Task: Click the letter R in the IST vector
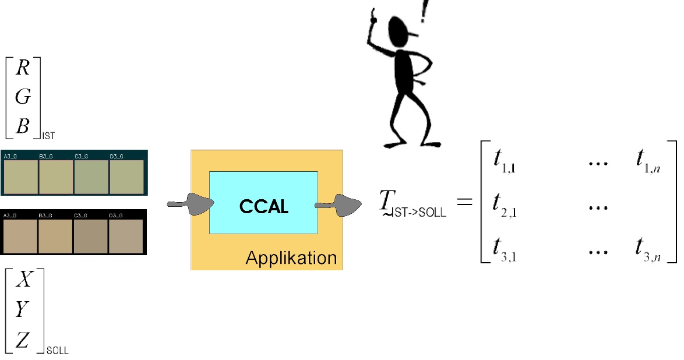(x=23, y=69)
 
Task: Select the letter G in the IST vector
(x=23, y=97)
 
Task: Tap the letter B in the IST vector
(x=23, y=126)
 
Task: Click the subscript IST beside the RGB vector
(x=48, y=136)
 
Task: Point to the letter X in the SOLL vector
(x=23, y=281)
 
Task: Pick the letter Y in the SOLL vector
(x=22, y=310)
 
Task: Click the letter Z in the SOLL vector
(x=23, y=340)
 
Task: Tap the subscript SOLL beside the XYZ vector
(x=57, y=351)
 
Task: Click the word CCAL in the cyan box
(x=264, y=206)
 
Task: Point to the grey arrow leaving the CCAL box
(x=339, y=205)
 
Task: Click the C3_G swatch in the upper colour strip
(x=91, y=176)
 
